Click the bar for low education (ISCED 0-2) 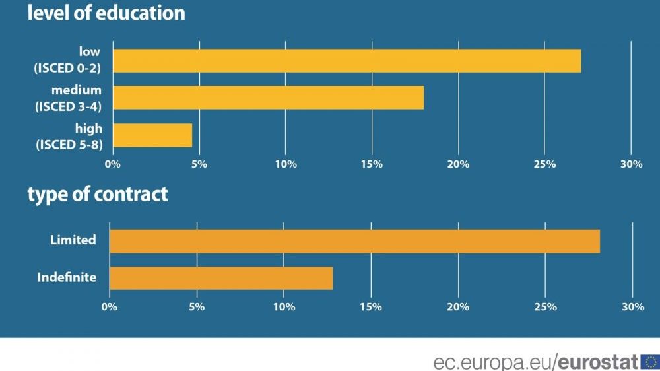coord(346,61)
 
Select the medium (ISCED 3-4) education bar coord(268,98)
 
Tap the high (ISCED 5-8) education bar coord(152,135)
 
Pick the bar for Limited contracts coord(354,241)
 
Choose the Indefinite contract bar coord(221,278)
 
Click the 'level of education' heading coord(106,13)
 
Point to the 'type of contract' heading coord(98,195)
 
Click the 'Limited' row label coord(73,240)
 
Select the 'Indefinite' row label coord(67,277)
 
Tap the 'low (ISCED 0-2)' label coord(68,60)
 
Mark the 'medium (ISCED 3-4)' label coord(68,97)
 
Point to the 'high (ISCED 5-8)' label coord(69,135)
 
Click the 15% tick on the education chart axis coord(372,164)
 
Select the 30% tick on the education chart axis coord(632,164)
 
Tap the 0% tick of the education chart coord(113,164)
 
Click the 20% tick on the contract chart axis coord(458,307)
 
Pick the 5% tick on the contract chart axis coord(196,307)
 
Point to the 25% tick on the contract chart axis coord(545,307)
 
